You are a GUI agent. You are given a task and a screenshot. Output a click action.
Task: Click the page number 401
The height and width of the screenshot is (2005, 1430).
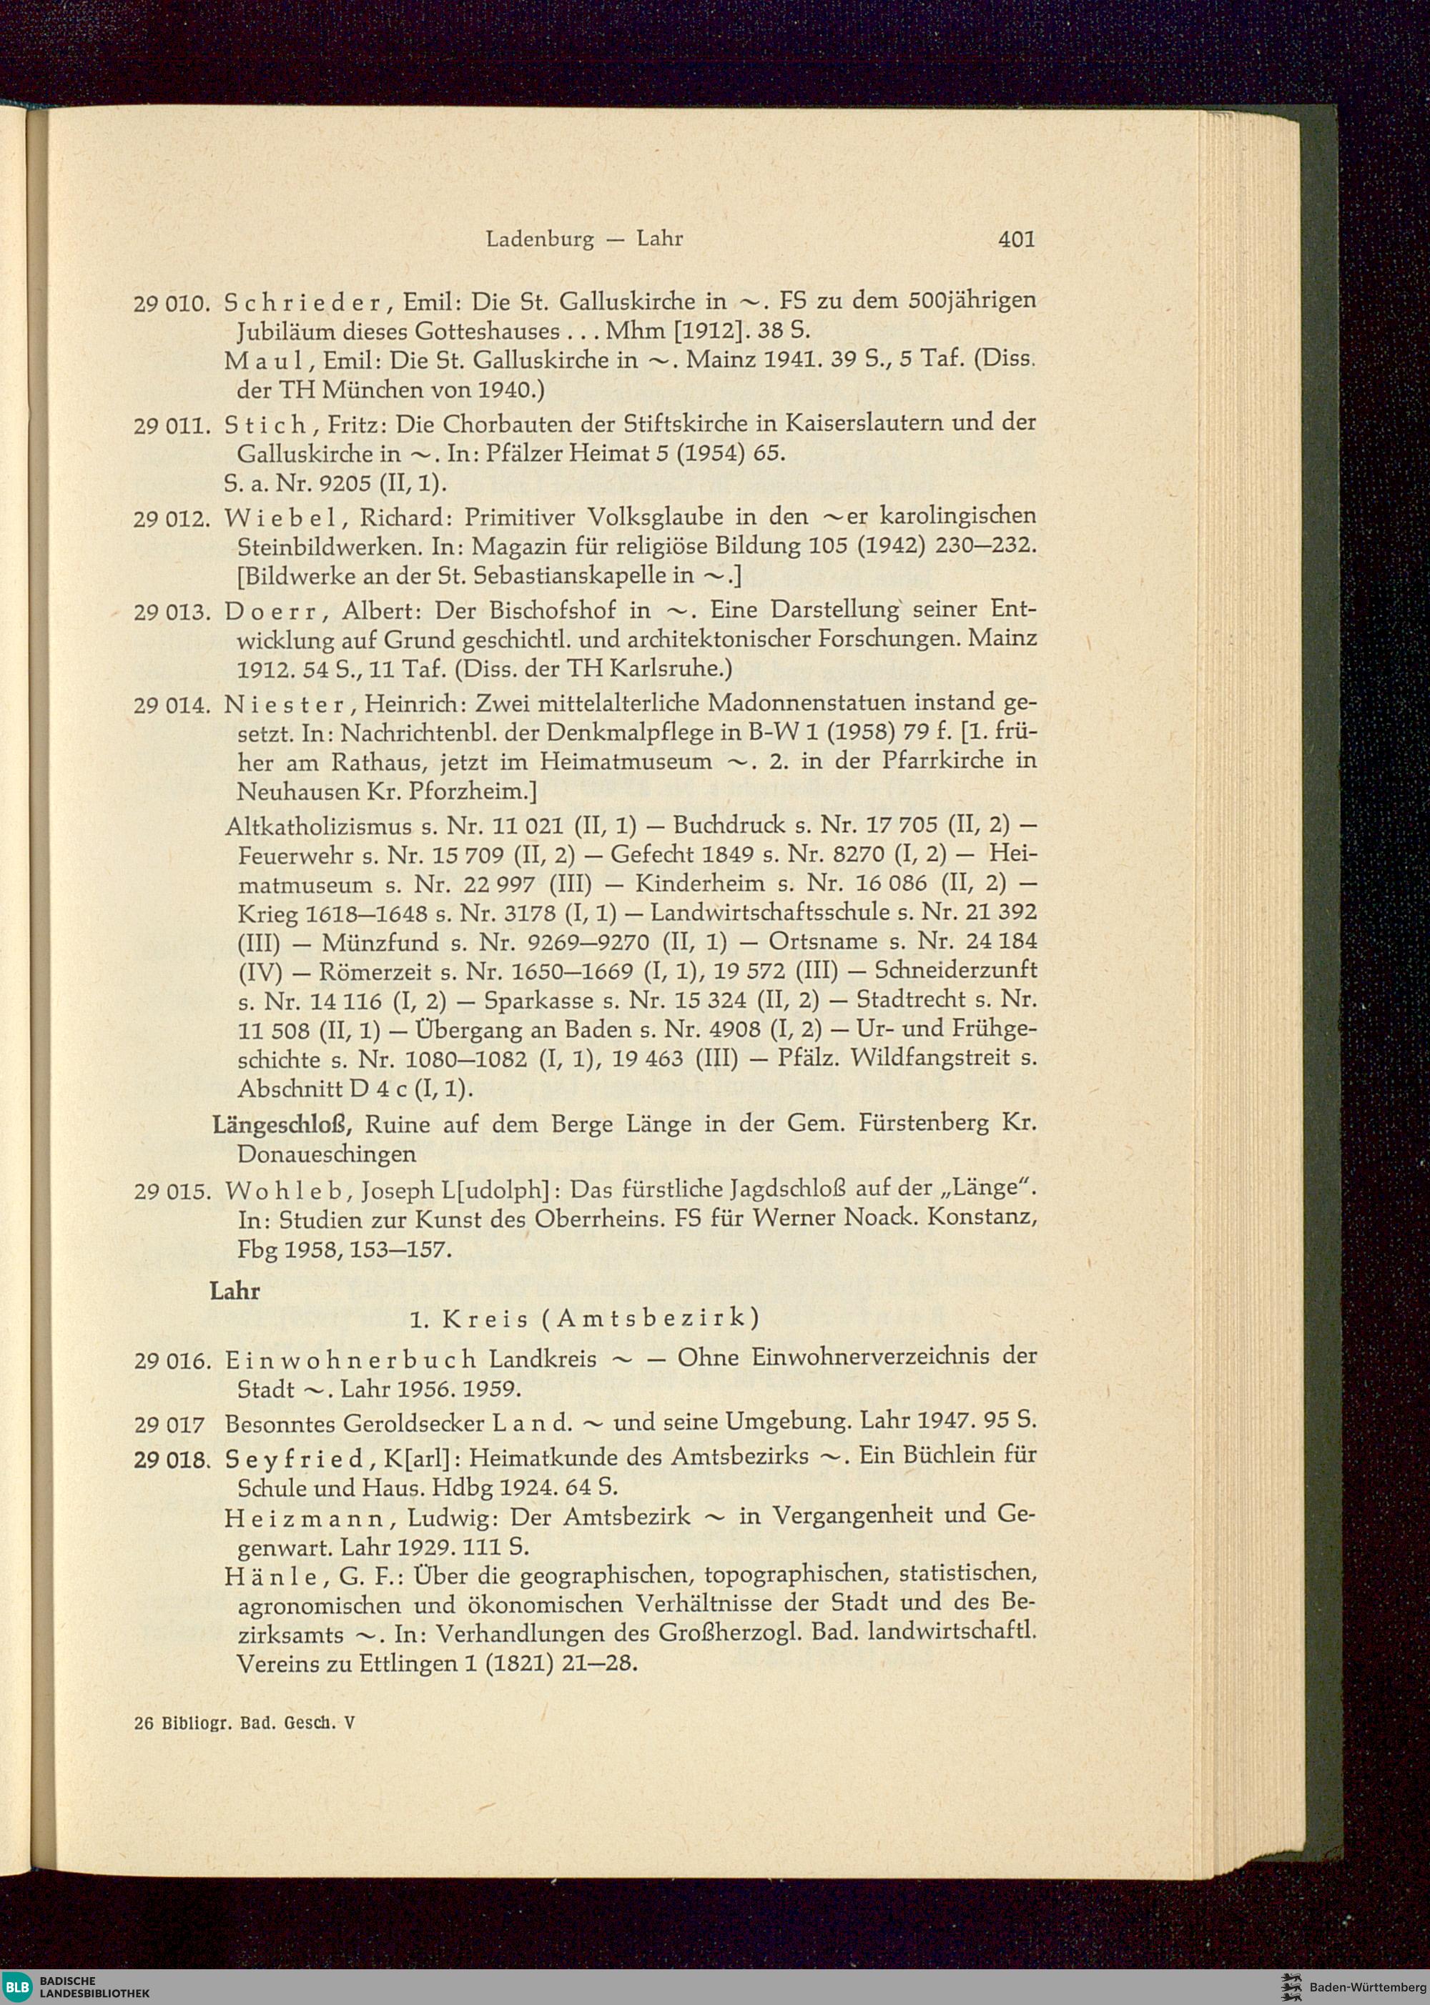(x=1016, y=239)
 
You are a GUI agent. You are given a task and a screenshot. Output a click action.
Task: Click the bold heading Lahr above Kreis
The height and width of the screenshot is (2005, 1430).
(x=235, y=1291)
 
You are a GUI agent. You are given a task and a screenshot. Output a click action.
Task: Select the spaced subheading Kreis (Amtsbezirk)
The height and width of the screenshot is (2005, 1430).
(x=584, y=1320)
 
